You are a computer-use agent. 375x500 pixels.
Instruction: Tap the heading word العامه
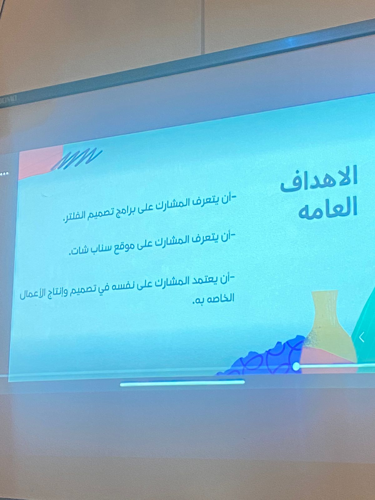pos(328,209)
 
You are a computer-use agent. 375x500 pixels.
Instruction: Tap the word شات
pos(77,251)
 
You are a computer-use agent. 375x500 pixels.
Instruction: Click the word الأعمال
pos(31,295)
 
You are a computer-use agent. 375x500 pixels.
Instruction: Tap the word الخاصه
pos(221,298)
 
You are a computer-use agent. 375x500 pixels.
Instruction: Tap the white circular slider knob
pos(296,366)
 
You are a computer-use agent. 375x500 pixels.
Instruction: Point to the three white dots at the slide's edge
pos(4,174)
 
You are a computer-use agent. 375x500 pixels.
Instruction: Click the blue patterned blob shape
pos(262,357)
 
